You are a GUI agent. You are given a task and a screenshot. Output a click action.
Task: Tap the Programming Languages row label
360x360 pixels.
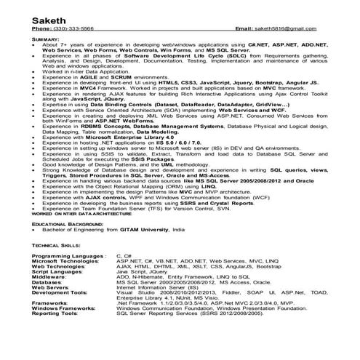(x=68, y=257)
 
